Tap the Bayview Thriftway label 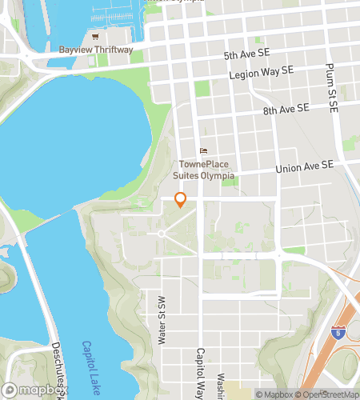click(x=96, y=50)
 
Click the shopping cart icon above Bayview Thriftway click(x=96, y=37)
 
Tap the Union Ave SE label click(x=303, y=167)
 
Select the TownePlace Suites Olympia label click(x=203, y=170)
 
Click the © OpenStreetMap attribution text click(x=329, y=394)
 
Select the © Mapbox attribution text click(x=275, y=394)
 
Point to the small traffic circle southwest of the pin click(x=161, y=233)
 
